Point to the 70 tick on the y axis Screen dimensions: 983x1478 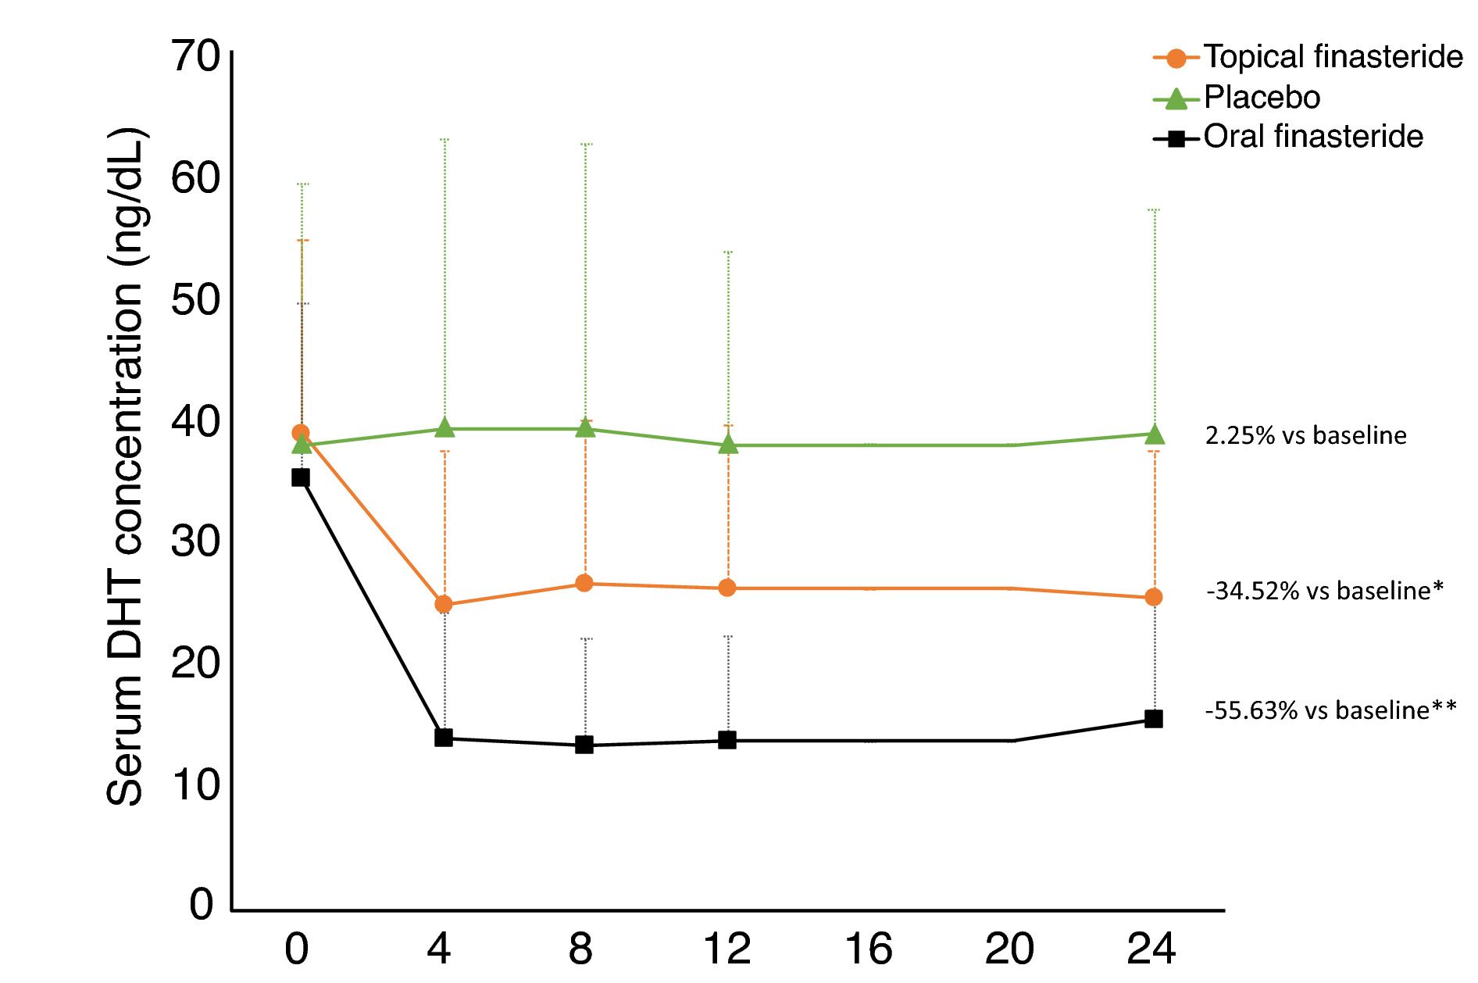[x=196, y=56]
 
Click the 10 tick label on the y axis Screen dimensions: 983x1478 [x=196, y=785]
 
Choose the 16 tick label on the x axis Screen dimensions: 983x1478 [x=868, y=949]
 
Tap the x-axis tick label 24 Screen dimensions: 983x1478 [x=1151, y=949]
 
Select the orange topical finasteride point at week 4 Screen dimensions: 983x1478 [x=444, y=604]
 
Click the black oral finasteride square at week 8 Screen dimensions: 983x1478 [x=584, y=745]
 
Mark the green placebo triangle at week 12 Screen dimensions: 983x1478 [x=728, y=444]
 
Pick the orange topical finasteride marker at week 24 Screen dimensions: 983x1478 [x=1153, y=597]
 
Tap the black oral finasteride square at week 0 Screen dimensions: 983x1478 [x=301, y=477]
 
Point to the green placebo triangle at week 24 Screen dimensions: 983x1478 [x=1154, y=434]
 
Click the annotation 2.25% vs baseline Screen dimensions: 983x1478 [x=1305, y=435]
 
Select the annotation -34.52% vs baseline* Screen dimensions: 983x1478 [x=1324, y=591]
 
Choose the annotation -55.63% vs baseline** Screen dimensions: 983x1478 [x=1330, y=710]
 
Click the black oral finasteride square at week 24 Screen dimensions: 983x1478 [x=1154, y=719]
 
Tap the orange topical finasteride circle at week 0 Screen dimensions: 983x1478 [x=301, y=433]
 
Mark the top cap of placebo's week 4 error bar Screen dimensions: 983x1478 [x=444, y=140]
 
